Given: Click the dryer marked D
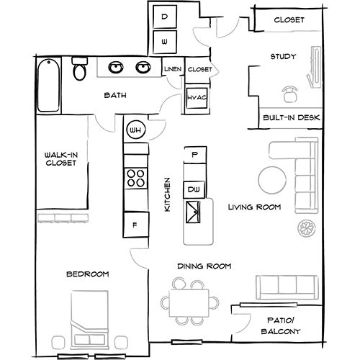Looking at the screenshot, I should pyautogui.click(x=165, y=17).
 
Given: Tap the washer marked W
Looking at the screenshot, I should pyautogui.click(x=165, y=42).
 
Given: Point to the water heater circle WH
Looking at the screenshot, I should pyautogui.click(x=135, y=131).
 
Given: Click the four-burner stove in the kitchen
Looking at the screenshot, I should pyautogui.click(x=135, y=177).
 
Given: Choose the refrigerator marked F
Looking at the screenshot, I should pyautogui.click(x=135, y=224).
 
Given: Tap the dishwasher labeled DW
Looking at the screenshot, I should pyautogui.click(x=193, y=189).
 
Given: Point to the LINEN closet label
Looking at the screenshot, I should pyautogui.click(x=172, y=70).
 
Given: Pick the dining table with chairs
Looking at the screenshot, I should pyautogui.click(x=192, y=302).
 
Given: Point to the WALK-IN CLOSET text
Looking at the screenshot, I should pyautogui.click(x=60, y=160).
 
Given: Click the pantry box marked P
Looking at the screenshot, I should pyautogui.click(x=193, y=153).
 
